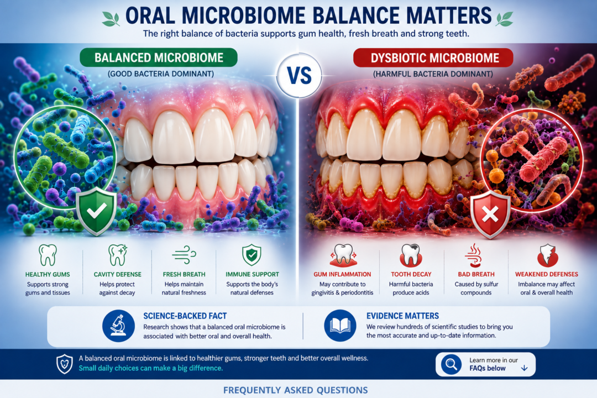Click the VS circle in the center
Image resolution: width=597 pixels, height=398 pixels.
(x=299, y=75)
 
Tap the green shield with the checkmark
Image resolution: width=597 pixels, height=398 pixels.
(x=97, y=211)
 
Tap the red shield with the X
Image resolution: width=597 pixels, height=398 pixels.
(x=490, y=214)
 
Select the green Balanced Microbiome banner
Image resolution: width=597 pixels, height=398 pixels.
(x=159, y=57)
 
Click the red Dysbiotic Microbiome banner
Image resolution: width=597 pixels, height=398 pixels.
(x=433, y=58)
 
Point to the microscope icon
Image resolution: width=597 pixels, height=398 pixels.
(x=118, y=326)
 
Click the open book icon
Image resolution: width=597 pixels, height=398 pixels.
(x=340, y=325)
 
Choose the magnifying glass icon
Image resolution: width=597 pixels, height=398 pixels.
(x=451, y=364)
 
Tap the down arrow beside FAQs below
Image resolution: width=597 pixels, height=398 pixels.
(x=524, y=368)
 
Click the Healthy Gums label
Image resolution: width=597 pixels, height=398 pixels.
(x=48, y=274)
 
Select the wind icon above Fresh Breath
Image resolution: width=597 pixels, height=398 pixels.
(x=184, y=255)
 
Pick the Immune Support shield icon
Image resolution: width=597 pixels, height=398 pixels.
(x=252, y=255)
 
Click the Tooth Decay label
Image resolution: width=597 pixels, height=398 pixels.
(x=411, y=274)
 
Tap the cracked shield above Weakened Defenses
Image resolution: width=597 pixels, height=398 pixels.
(x=547, y=255)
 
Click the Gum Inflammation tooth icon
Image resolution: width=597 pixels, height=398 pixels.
(x=343, y=255)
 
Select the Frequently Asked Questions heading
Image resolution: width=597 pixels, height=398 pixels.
(x=295, y=390)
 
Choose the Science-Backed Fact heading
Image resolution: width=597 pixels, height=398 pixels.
(x=185, y=316)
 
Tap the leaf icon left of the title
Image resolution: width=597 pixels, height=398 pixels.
(x=111, y=19)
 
